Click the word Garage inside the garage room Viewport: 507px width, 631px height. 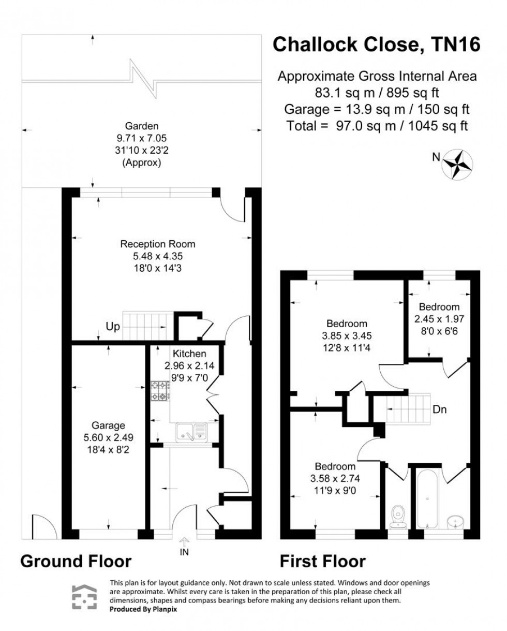(108, 425)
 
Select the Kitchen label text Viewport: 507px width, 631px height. (189, 354)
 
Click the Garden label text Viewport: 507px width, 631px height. (141, 125)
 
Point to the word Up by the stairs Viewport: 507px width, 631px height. (113, 327)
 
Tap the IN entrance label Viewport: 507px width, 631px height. (184, 552)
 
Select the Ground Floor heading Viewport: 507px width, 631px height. (76, 561)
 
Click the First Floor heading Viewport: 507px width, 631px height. (322, 561)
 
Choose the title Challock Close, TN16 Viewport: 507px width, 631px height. (376, 45)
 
